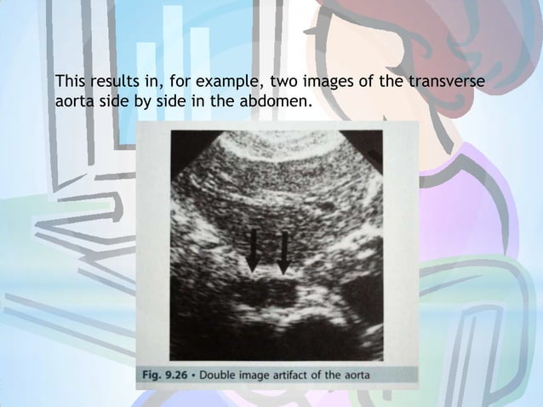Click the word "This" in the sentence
[x=68, y=82]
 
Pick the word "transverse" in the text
[x=449, y=82]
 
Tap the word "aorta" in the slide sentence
[x=72, y=102]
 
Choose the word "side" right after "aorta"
[x=112, y=102]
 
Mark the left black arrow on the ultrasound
[x=253, y=249]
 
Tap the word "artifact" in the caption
[x=309, y=374]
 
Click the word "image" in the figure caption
[x=266, y=374]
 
